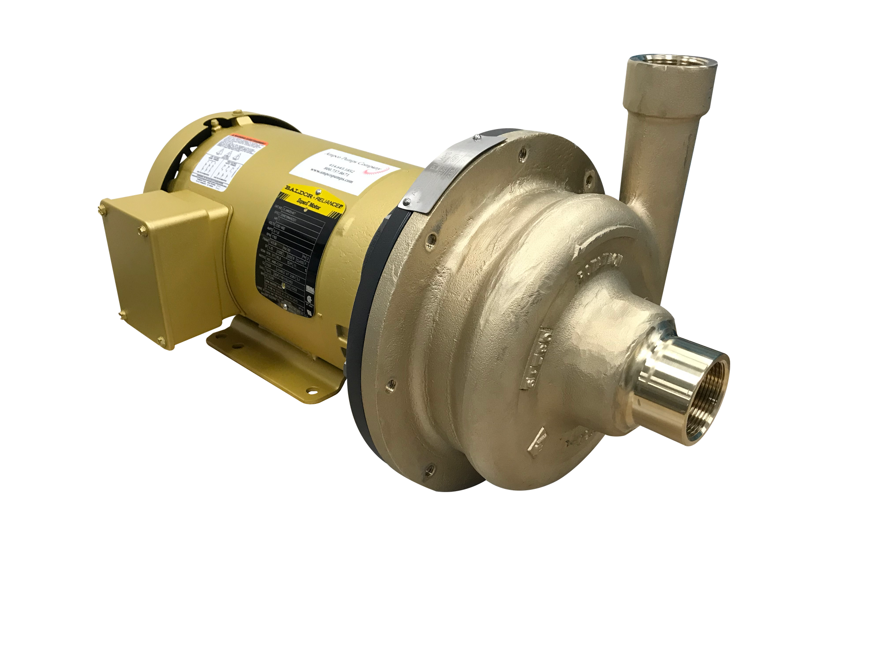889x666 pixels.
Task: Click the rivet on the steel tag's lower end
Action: click(406, 201)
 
